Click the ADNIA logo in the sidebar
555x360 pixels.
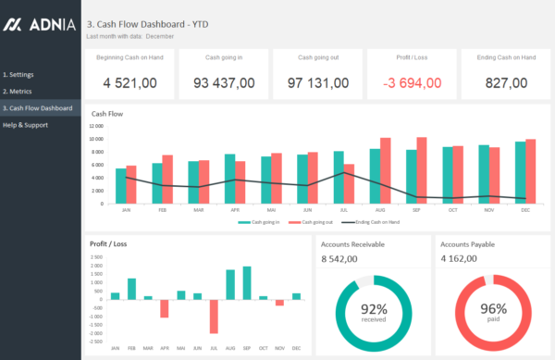(x=39, y=25)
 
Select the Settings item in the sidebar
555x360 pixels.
(x=19, y=73)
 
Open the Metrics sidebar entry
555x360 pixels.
(x=18, y=91)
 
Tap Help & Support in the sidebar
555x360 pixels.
(x=26, y=125)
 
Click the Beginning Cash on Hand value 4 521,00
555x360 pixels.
(x=129, y=83)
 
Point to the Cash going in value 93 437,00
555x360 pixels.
(x=224, y=83)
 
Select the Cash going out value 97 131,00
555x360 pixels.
(x=318, y=83)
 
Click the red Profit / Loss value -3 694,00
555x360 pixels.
(x=412, y=83)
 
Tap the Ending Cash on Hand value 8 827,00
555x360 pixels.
(x=506, y=83)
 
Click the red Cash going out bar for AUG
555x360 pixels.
(x=386, y=171)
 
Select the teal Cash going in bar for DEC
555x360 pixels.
(x=521, y=173)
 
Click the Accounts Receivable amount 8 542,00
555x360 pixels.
(x=340, y=260)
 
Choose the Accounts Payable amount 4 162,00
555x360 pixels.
(x=460, y=260)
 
